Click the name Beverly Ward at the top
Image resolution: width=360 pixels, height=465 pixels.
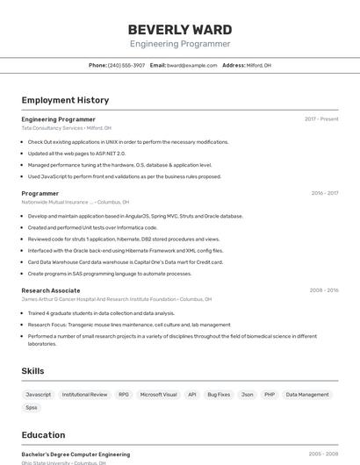coord(180,29)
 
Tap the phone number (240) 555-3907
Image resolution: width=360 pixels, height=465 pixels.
coord(126,65)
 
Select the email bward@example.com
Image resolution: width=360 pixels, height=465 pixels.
coord(191,65)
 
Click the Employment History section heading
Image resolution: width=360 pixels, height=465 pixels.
coord(65,100)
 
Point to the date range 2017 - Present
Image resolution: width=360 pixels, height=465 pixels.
coord(321,118)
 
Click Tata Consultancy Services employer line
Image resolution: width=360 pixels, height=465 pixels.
coord(67,128)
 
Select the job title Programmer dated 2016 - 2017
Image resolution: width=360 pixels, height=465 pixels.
coord(40,193)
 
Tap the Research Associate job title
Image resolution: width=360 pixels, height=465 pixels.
coord(51,290)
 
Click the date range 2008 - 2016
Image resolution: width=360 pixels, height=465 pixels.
coord(323,290)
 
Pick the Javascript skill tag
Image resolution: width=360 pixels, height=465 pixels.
coord(39,395)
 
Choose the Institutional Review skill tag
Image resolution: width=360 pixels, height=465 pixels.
coord(84,395)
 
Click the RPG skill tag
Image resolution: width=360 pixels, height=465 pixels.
coord(124,395)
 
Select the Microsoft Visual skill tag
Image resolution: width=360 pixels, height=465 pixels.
coord(158,395)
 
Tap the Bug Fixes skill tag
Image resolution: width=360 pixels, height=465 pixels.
coord(219,395)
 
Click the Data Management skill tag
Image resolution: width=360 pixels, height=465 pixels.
coord(307,395)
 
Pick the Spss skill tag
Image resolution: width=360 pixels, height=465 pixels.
coord(32,407)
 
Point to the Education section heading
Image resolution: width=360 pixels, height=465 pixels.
coord(43,434)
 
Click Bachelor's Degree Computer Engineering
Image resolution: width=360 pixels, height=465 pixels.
coord(76,454)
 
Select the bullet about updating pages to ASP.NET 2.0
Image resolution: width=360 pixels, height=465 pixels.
coord(76,153)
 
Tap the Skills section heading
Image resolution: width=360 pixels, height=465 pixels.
coord(32,371)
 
